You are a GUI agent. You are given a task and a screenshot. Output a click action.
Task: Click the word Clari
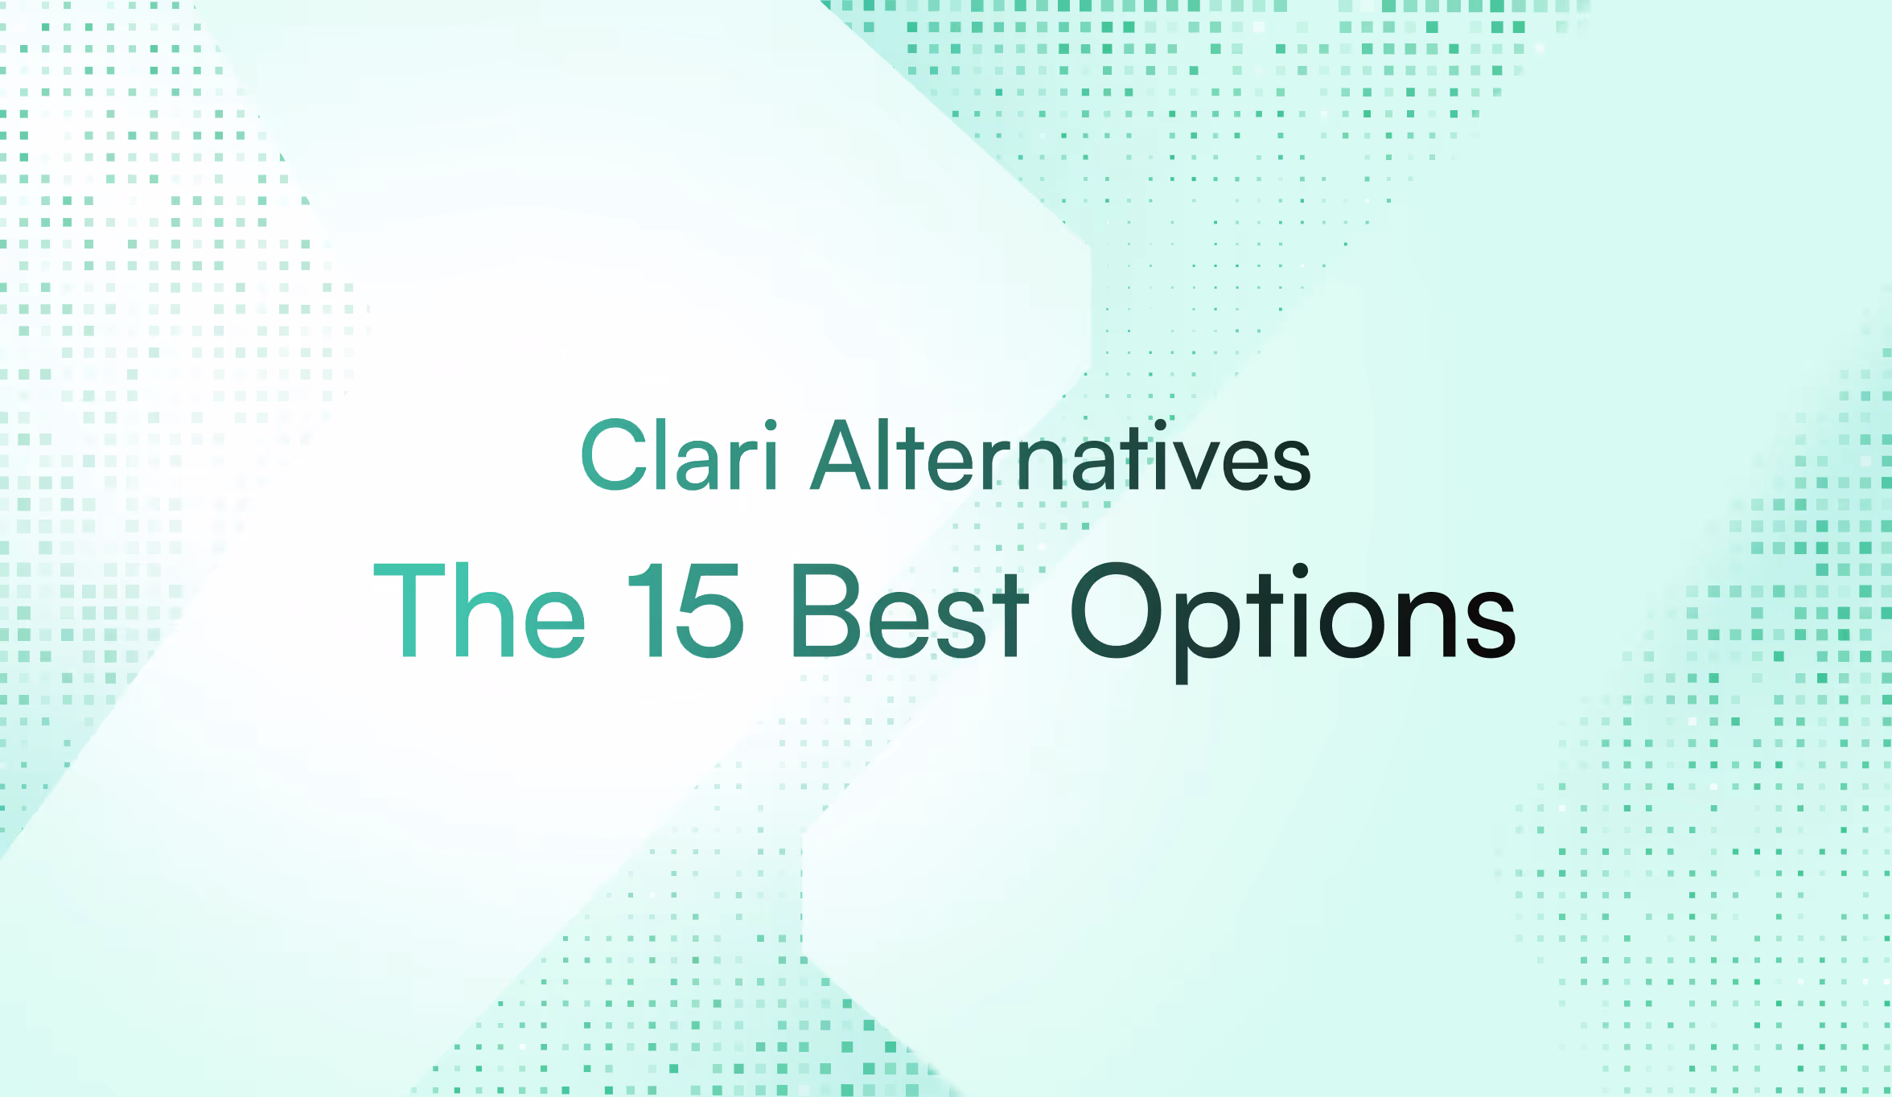pos(679,456)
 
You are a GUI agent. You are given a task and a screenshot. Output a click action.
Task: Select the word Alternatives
pos(1060,456)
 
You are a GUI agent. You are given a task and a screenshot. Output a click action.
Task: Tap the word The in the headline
pos(479,611)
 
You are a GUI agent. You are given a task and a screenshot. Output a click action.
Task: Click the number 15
pos(685,611)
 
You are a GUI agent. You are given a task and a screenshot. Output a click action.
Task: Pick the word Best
pos(909,611)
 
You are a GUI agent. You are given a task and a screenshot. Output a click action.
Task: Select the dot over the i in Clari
pos(771,425)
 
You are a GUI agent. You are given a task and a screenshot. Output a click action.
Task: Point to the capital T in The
pos(409,611)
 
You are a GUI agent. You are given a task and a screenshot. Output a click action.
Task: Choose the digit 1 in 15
pos(648,611)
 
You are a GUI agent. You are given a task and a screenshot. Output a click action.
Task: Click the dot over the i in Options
pos(1300,573)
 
